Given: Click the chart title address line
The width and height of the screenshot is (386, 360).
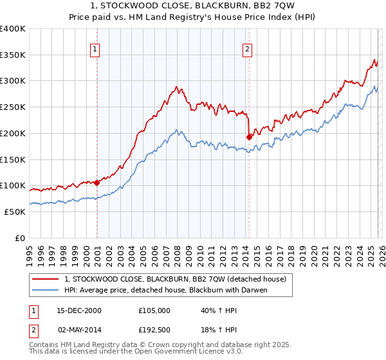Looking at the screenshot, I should (193, 6).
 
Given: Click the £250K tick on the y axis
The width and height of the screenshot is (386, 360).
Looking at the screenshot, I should (13, 107).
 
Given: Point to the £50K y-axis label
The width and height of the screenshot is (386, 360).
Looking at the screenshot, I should (15, 212).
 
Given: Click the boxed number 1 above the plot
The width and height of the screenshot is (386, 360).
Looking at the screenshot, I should (95, 48).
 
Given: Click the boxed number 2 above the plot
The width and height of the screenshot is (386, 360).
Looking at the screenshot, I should (247, 48).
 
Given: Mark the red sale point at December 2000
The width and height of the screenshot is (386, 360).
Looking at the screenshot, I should (97, 183).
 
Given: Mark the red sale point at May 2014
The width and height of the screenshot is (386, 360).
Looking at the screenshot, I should (249, 137).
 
